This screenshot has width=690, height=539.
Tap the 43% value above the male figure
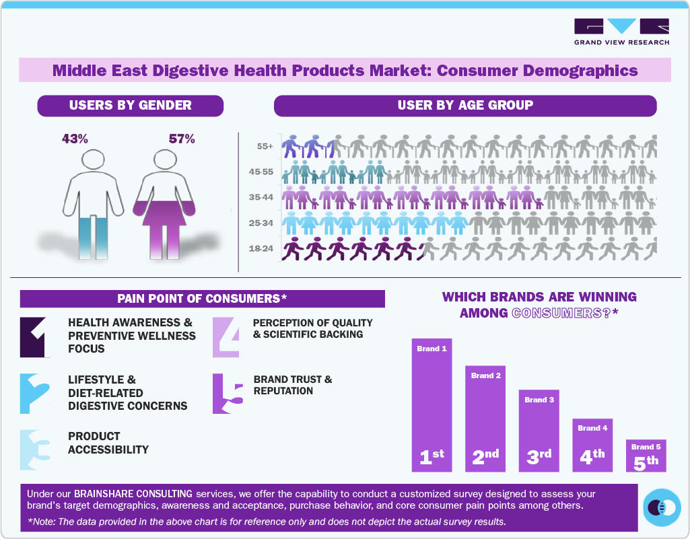coord(75,139)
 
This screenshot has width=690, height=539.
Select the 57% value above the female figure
coord(182,139)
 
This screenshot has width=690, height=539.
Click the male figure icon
coord(93,202)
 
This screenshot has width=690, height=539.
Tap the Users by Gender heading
coord(130,105)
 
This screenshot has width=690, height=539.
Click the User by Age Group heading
coord(464,105)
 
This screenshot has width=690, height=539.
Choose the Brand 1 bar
coord(432,404)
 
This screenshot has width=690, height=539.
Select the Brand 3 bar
coord(539,431)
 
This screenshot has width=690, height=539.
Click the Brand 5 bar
coord(646,456)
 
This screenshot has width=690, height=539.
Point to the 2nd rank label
coord(485,457)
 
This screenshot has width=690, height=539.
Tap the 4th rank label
coord(592,457)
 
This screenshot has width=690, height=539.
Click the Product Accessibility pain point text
coord(108,443)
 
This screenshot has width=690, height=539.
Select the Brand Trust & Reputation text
coord(293,385)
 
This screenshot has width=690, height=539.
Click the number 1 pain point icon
coord(34,336)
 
